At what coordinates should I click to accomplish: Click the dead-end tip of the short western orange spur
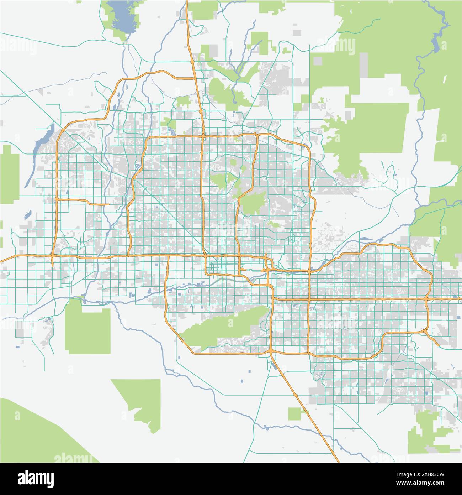coord(108,205)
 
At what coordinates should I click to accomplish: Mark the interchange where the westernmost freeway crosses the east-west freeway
coord(53,256)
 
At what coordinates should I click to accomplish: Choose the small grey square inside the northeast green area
coord(318,61)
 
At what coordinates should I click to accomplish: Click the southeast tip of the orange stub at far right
coord(439,345)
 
